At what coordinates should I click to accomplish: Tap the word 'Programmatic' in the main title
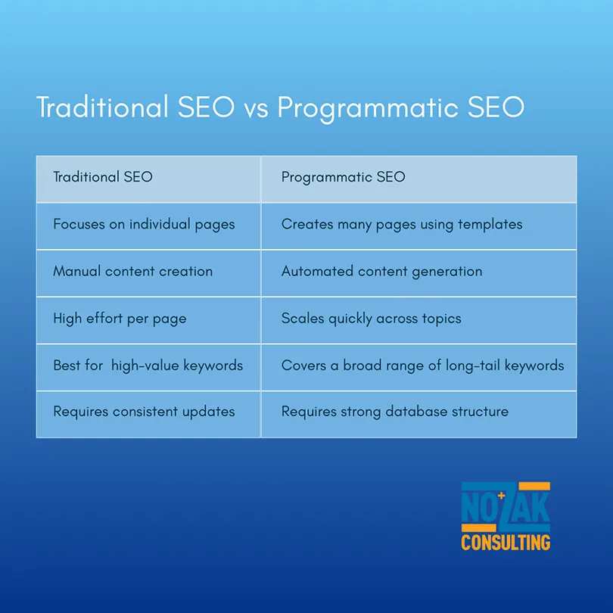point(368,108)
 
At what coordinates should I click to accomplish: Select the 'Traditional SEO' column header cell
point(148,179)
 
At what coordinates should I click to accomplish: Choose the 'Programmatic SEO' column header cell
point(419,179)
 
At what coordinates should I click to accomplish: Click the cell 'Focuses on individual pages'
point(148,226)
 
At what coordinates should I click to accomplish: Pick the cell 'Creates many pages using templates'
point(419,226)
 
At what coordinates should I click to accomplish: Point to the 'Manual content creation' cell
point(148,273)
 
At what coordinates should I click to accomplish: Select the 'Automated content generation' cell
point(419,273)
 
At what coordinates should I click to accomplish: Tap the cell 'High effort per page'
point(148,321)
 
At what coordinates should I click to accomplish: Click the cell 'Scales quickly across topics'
point(419,321)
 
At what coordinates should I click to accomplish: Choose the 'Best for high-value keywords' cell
point(148,368)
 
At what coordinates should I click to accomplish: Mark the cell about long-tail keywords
point(419,368)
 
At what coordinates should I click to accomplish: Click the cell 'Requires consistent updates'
point(148,415)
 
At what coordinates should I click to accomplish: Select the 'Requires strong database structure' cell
point(419,415)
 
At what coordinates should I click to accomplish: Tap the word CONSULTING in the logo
point(506,543)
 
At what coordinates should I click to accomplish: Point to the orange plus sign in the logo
point(502,496)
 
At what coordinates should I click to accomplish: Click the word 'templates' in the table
point(490,224)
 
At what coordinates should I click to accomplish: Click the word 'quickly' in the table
point(350,319)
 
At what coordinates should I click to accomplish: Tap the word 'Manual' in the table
point(77,271)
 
